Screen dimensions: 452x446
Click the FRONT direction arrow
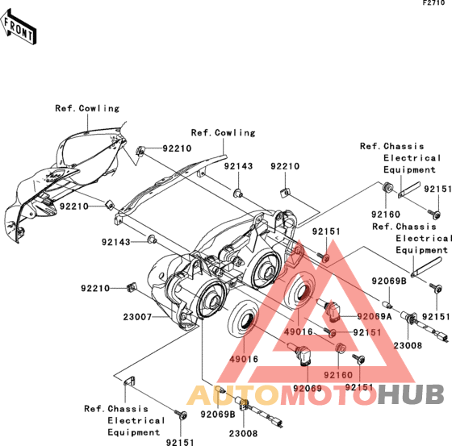point(18,27)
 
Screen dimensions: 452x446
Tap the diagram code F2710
point(434,3)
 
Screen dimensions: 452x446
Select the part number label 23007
point(137,317)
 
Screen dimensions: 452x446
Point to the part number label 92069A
point(375,316)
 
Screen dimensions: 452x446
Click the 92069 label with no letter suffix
point(308,389)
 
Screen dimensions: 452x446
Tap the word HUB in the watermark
point(411,394)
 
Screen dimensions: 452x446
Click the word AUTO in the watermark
point(233,394)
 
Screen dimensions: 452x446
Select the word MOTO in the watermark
point(329,394)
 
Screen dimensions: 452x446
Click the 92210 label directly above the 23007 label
point(95,288)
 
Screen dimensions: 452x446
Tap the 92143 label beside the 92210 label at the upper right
point(238,166)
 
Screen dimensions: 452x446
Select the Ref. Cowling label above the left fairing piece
point(87,108)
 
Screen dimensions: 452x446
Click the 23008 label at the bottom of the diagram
point(243,433)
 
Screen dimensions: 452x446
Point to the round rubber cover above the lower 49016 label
point(243,319)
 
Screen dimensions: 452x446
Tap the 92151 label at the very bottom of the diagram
point(180,442)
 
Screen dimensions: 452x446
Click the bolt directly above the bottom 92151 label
point(182,415)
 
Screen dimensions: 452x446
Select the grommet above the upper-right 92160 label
point(387,187)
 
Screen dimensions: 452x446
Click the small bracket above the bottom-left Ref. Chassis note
point(129,381)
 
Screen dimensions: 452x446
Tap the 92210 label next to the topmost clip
point(177,148)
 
